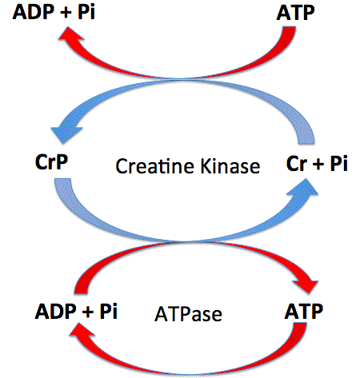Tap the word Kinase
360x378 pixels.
coord(230,166)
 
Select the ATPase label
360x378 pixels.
coord(188,314)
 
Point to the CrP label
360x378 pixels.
coord(51,161)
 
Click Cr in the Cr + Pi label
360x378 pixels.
coord(296,163)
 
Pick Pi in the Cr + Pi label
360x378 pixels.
coord(339,163)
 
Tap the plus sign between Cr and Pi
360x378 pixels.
coord(318,164)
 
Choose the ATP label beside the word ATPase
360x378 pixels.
coord(304,311)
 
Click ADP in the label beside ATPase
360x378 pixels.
coord(55,311)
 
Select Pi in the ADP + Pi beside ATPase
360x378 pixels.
coord(109,311)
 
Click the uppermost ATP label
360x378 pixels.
coord(295,13)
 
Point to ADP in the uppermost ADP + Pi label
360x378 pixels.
coord(33,12)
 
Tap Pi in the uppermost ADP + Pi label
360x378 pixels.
coord(86,12)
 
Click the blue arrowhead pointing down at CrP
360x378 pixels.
coord(66,132)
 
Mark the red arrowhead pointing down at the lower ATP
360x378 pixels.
coord(307,285)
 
